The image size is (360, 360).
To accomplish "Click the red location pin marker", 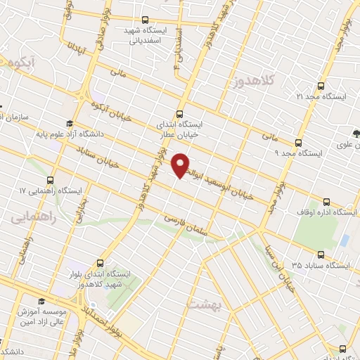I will click(x=181, y=164).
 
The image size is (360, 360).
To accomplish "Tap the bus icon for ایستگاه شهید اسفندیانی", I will click(x=145, y=20).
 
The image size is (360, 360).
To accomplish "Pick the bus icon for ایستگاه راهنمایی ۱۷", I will click(x=49, y=179).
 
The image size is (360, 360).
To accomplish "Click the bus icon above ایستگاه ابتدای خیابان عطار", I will click(x=179, y=114).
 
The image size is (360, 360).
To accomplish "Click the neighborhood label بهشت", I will click(x=204, y=303).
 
